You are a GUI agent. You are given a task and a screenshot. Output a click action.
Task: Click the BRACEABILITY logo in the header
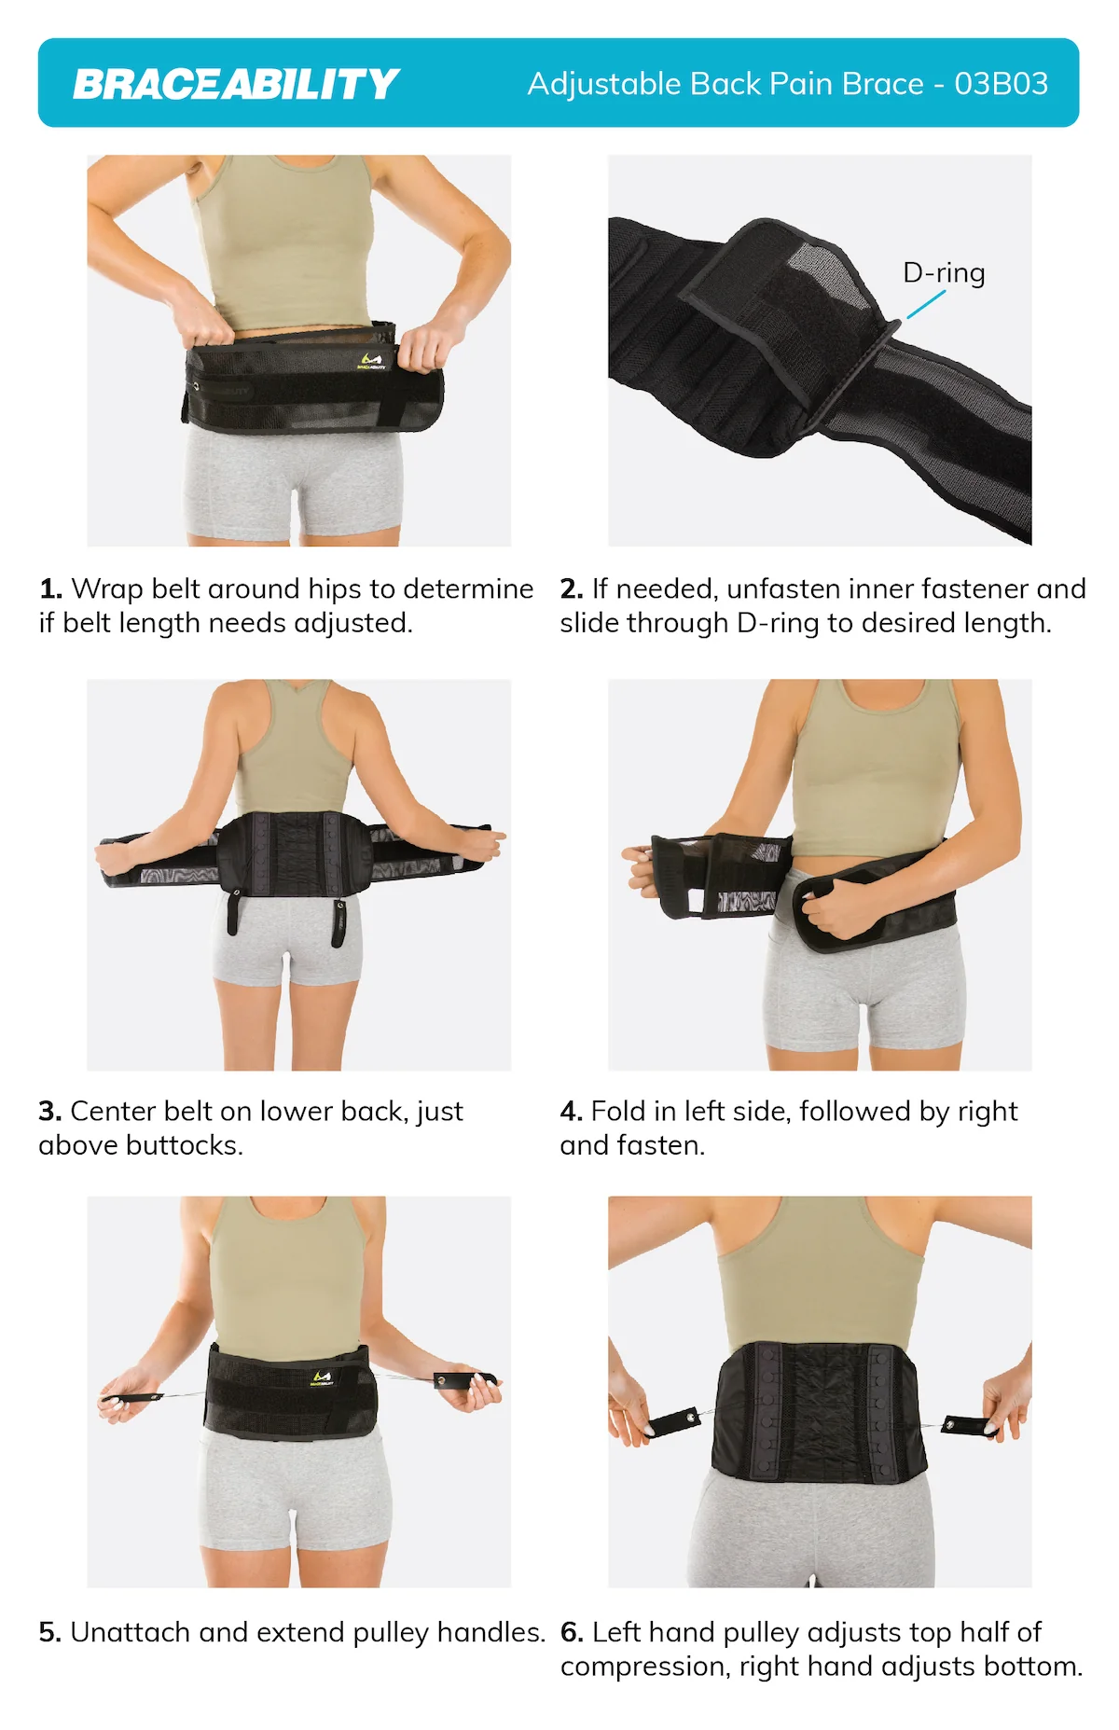[x=236, y=84]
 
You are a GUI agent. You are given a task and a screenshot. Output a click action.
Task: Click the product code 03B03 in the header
[x=1001, y=84]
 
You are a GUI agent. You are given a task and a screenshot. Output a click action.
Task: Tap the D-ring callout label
[x=944, y=272]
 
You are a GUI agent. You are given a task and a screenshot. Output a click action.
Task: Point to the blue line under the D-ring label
[x=926, y=304]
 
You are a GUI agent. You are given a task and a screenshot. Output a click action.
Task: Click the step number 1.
[x=50, y=589]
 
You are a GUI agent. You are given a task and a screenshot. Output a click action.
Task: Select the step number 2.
[x=571, y=589]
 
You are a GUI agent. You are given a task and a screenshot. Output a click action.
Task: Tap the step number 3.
[x=49, y=1112]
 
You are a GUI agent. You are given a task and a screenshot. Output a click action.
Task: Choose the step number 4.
[x=571, y=1112]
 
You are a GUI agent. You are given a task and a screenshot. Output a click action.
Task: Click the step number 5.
[x=49, y=1633]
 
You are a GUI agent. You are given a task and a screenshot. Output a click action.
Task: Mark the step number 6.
[x=571, y=1633]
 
